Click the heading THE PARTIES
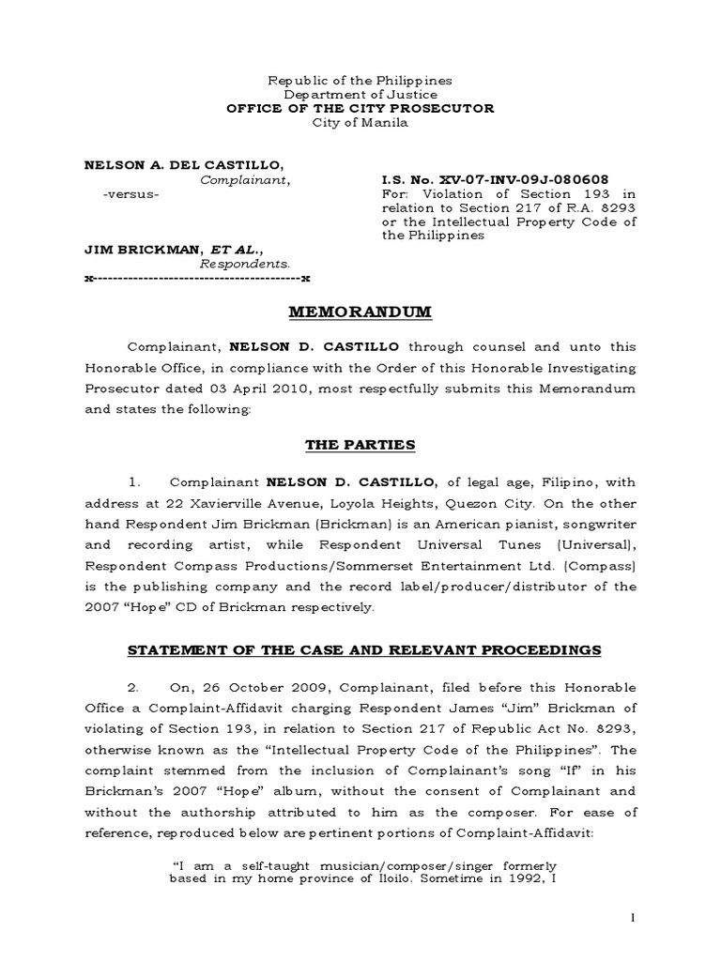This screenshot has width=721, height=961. click(x=360, y=445)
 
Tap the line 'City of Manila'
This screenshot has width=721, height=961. click(x=360, y=123)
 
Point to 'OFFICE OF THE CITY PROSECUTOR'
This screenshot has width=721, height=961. click(x=360, y=109)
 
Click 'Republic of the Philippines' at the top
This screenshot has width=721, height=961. click(x=360, y=81)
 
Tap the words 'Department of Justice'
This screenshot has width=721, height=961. click(x=360, y=95)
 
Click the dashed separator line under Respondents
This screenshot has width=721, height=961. click(x=197, y=279)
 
